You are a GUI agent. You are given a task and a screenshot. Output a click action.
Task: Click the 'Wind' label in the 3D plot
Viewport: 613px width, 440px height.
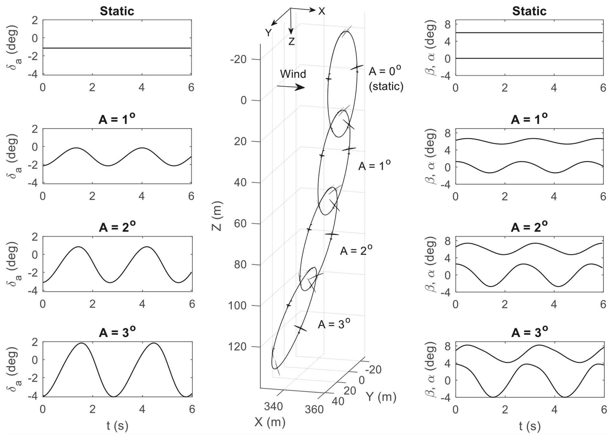[x=293, y=74]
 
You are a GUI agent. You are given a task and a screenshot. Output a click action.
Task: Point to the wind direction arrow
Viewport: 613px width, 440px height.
[x=291, y=87]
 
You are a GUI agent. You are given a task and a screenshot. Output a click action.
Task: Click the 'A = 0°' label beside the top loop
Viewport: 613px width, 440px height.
[x=385, y=70]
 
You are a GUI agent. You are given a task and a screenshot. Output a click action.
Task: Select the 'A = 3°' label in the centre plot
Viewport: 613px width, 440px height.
[x=334, y=324]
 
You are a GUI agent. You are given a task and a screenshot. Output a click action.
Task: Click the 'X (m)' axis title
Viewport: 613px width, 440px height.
[x=270, y=422]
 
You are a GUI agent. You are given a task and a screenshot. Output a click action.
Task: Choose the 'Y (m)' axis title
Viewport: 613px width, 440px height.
[x=381, y=397]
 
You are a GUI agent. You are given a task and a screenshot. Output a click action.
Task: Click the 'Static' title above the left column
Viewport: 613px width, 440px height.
[x=117, y=11]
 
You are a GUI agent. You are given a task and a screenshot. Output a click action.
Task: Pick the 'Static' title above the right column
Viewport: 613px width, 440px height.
[x=529, y=11]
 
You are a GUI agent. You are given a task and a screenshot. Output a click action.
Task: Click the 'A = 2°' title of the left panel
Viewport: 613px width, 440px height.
[x=117, y=227]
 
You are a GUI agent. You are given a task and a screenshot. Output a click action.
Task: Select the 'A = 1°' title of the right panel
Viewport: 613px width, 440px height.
[x=529, y=119]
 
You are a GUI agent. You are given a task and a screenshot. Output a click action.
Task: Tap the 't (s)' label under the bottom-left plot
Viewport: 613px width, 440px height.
[x=117, y=426]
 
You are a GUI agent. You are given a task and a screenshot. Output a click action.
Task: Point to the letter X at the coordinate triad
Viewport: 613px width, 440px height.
[x=321, y=11]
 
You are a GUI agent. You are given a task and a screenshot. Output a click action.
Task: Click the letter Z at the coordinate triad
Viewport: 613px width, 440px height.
[x=292, y=42]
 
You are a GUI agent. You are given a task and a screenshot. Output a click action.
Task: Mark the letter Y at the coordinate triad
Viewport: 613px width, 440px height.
[x=268, y=33]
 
